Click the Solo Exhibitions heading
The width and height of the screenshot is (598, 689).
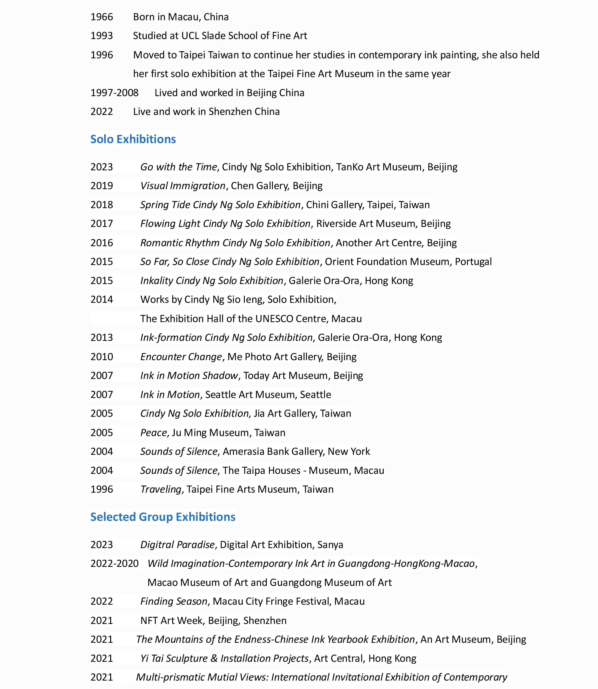133,139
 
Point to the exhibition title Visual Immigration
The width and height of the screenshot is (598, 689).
183,185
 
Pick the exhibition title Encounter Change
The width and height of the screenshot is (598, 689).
181,357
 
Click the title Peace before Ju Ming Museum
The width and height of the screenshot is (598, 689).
153,432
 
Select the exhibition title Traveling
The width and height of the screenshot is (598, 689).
161,489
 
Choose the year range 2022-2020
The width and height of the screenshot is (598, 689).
114,563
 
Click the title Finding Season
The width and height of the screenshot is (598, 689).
174,601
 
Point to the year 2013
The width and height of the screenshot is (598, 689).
102,338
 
